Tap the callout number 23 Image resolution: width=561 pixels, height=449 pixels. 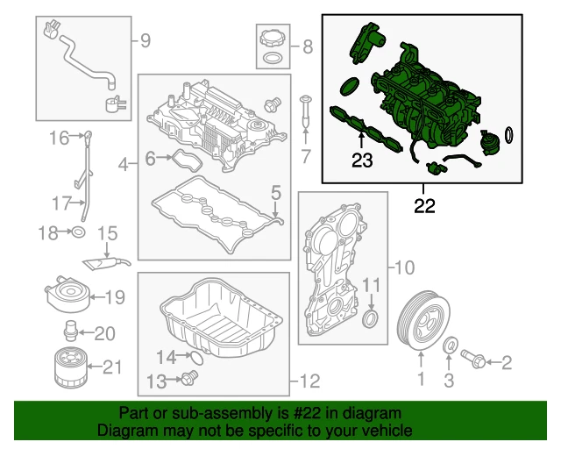coord(362,160)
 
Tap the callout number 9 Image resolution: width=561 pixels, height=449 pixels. coord(145,39)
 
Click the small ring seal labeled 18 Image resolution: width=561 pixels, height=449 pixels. coord(77,232)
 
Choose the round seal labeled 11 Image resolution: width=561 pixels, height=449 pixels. coord(373,317)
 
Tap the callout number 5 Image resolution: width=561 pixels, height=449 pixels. coord(275,190)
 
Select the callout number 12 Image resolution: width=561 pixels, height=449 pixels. coord(310,381)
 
